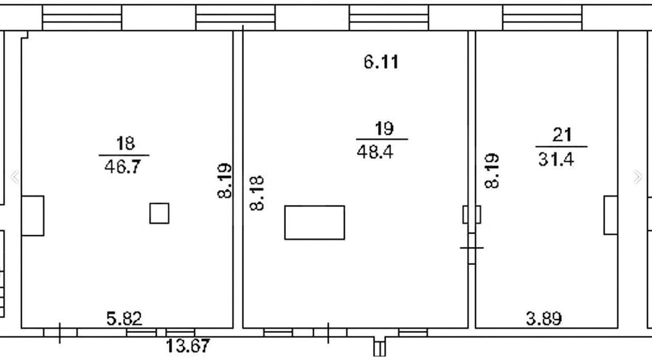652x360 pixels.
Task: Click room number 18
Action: tap(125, 143)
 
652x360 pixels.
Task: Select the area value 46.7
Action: tap(123, 167)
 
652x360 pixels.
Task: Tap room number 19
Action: tap(384, 128)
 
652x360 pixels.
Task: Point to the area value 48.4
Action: tap(375, 152)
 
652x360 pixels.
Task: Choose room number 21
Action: tap(562, 135)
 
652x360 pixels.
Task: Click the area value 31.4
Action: tap(556, 160)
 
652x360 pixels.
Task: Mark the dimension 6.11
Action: tap(381, 62)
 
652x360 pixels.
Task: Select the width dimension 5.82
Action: tap(124, 319)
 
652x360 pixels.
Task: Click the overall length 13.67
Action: tap(188, 346)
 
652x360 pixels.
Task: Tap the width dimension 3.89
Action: tap(544, 319)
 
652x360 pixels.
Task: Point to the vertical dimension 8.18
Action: tap(257, 193)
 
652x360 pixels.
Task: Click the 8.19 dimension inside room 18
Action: tap(225, 181)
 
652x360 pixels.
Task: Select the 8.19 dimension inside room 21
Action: tap(492, 170)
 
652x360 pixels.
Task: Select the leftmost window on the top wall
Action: tap(82, 18)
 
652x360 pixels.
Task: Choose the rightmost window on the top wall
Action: tap(542, 18)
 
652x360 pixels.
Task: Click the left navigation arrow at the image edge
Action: tap(14, 176)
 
